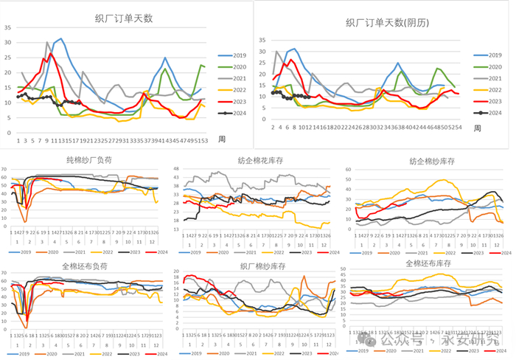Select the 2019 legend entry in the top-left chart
click(234, 55)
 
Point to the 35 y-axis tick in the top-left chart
click(8, 28)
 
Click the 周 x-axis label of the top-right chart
click(477, 128)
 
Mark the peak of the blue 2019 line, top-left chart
click(60, 39)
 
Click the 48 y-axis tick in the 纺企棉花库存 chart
click(177, 169)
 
